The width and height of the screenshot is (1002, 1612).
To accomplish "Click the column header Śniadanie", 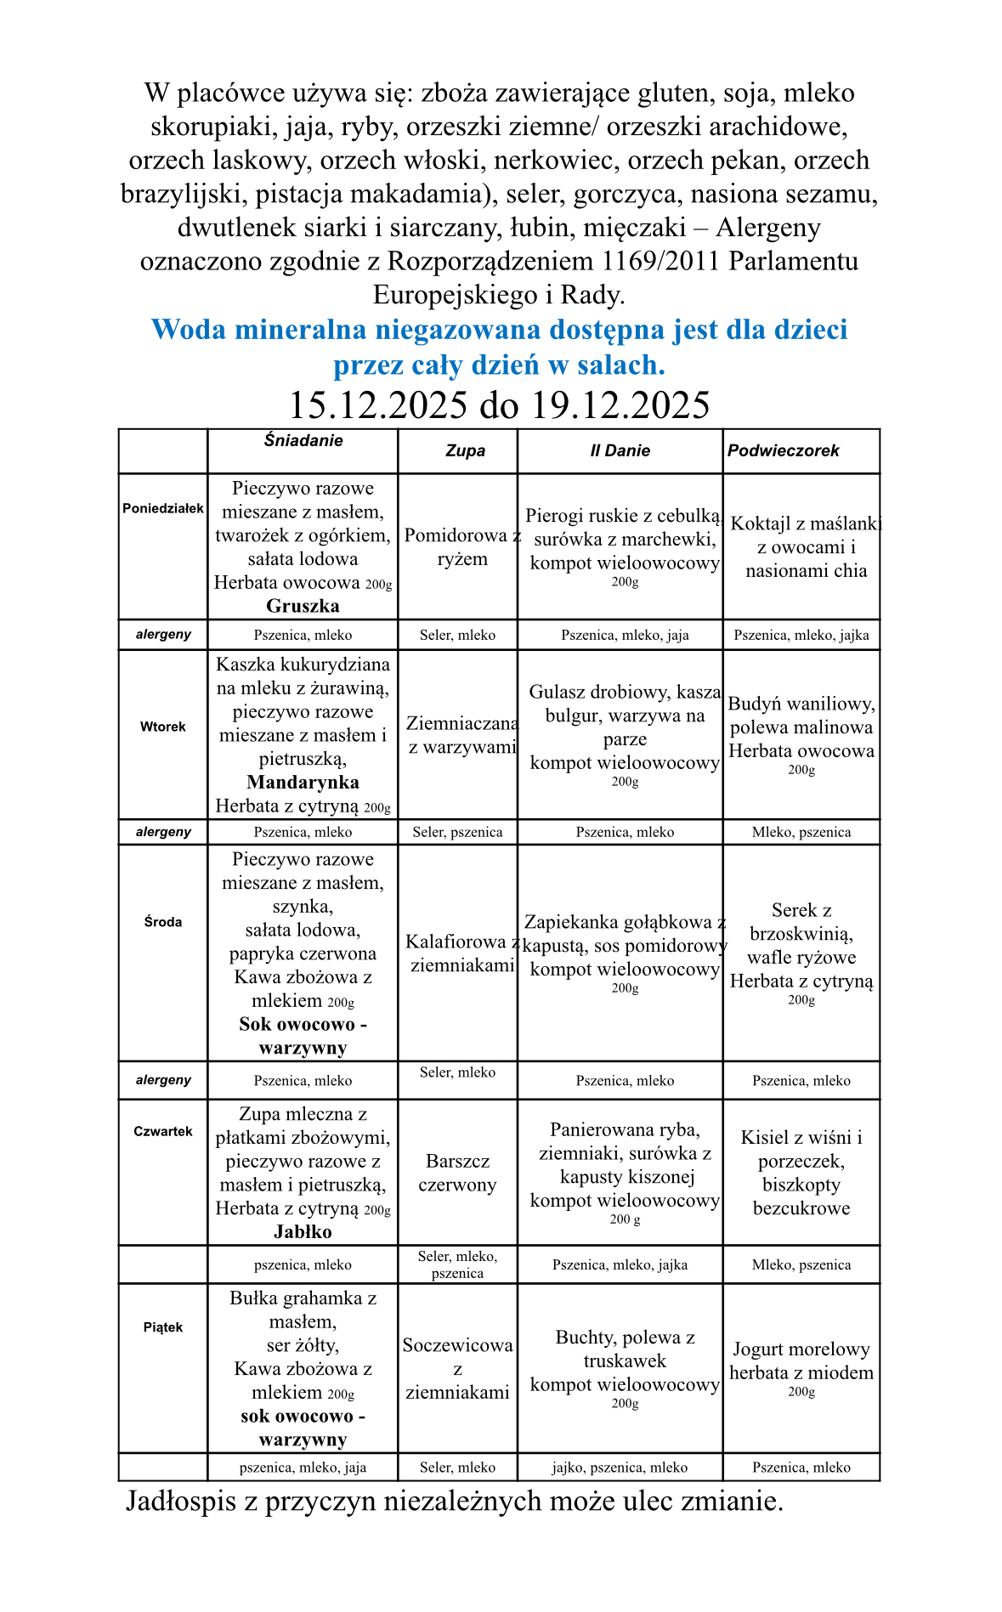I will pyautogui.click(x=303, y=440).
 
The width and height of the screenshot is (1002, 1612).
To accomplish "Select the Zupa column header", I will pyautogui.click(x=465, y=450).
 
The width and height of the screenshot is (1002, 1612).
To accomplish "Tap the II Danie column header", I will pyautogui.click(x=620, y=450).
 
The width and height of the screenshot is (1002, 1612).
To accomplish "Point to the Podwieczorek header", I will pyautogui.click(x=783, y=450).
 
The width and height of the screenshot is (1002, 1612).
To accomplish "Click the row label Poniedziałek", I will pyautogui.click(x=163, y=508).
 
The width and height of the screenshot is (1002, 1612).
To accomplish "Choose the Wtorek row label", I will pyautogui.click(x=163, y=727).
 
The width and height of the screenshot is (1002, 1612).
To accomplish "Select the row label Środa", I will pyautogui.click(x=163, y=921).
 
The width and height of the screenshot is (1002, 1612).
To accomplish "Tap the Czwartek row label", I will pyautogui.click(x=163, y=1131).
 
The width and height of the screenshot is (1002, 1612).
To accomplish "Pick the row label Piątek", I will pyautogui.click(x=163, y=1326).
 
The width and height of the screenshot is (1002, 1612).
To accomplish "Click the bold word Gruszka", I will pyautogui.click(x=303, y=606).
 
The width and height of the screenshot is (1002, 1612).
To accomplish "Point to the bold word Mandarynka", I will pyautogui.click(x=303, y=782).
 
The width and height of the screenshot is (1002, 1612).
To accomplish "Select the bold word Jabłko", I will pyautogui.click(x=303, y=1231).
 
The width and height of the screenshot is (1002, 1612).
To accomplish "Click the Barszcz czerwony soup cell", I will pyautogui.click(x=457, y=1173).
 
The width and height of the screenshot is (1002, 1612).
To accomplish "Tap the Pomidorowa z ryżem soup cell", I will pyautogui.click(x=462, y=546).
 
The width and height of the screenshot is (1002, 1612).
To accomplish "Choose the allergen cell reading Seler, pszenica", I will pyautogui.click(x=457, y=832).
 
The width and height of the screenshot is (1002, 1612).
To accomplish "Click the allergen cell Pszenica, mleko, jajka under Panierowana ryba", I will pyautogui.click(x=620, y=1264).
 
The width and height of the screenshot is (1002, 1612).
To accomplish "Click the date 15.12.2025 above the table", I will pyautogui.click(x=378, y=405).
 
